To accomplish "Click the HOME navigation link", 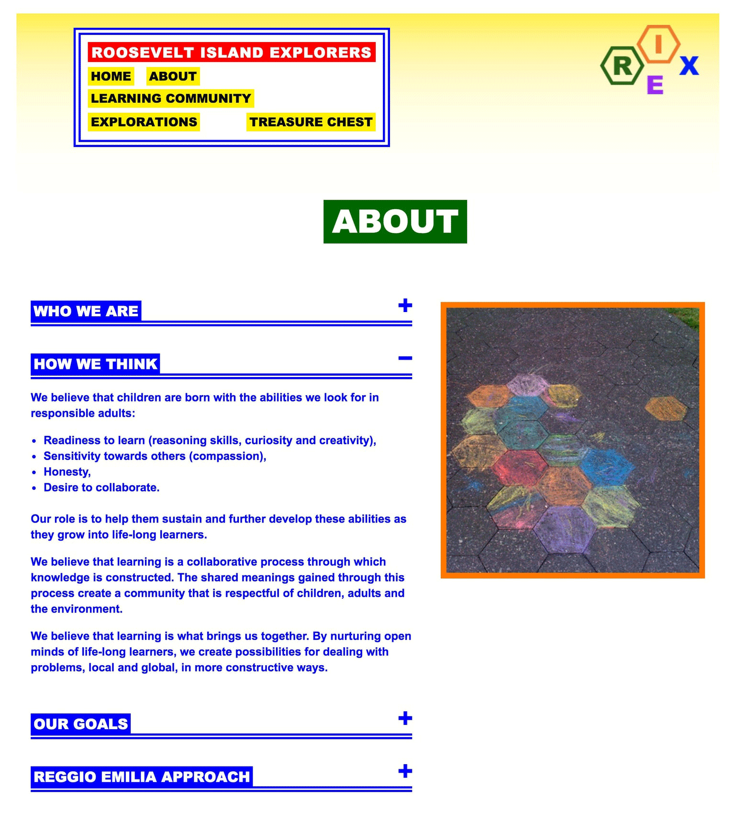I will click(x=111, y=76).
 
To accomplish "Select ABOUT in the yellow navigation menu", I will click(x=173, y=76).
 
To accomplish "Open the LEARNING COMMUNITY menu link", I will click(x=171, y=98).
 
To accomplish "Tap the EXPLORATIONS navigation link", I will click(x=144, y=122).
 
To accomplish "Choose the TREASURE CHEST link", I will click(x=311, y=122).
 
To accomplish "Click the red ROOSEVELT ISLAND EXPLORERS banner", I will click(x=232, y=52).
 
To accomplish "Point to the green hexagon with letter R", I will click(x=622, y=66).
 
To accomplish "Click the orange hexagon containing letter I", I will click(x=659, y=44).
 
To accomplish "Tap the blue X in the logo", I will click(x=690, y=66).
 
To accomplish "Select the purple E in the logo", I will click(x=655, y=85).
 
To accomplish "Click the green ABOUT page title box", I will click(x=395, y=222).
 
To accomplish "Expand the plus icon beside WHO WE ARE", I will click(x=405, y=305).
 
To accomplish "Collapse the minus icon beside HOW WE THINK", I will click(x=405, y=358).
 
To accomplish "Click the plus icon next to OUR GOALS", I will click(x=405, y=718).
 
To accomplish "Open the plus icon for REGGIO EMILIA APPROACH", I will click(x=405, y=771).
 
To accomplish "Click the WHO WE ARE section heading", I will click(x=86, y=311).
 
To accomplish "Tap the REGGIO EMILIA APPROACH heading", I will click(x=142, y=777).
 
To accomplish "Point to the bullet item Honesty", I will click(x=67, y=472).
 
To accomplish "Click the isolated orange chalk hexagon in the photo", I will click(x=666, y=408).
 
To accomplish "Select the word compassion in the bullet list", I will click(x=227, y=456).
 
